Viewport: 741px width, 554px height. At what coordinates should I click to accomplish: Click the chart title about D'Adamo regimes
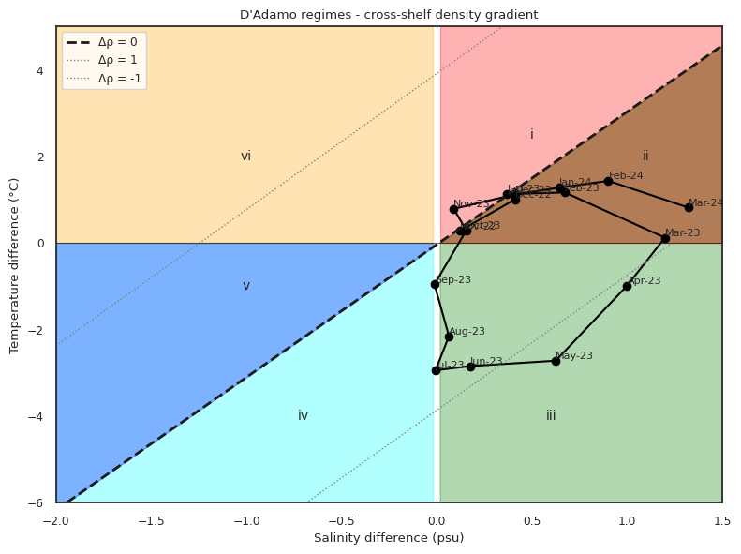(389, 15)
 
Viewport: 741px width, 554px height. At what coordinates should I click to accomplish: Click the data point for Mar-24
(689, 207)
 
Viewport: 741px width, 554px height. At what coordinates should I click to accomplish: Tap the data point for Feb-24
(608, 181)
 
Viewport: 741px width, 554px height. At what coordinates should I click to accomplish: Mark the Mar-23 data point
(665, 238)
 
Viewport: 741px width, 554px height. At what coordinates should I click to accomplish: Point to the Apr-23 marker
(627, 286)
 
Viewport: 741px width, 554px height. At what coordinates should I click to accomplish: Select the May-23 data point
(556, 361)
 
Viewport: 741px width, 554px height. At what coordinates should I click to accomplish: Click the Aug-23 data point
(449, 337)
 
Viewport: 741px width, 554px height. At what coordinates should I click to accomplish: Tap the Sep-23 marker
(435, 284)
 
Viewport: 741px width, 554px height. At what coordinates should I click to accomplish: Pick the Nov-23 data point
(453, 209)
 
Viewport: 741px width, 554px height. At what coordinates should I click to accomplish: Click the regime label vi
(246, 157)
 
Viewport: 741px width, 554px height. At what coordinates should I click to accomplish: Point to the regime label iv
(303, 416)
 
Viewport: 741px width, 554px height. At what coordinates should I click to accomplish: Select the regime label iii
(551, 416)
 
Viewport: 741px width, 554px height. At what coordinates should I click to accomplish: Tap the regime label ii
(645, 157)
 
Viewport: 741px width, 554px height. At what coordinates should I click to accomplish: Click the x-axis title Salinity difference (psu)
(389, 538)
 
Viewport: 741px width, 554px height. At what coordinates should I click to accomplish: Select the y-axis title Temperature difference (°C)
(15, 264)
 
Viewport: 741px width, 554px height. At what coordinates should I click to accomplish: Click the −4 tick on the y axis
(41, 416)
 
